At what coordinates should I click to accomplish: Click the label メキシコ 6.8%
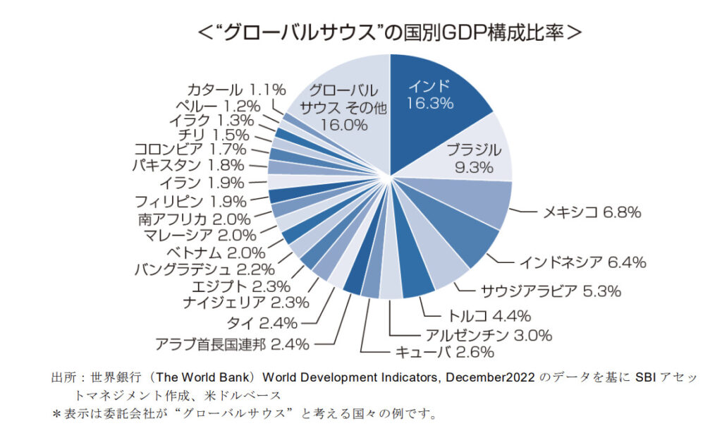(591, 212)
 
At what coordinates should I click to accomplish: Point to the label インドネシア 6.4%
(582, 262)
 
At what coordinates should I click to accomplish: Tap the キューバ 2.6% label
(443, 352)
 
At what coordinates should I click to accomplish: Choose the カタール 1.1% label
(236, 90)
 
